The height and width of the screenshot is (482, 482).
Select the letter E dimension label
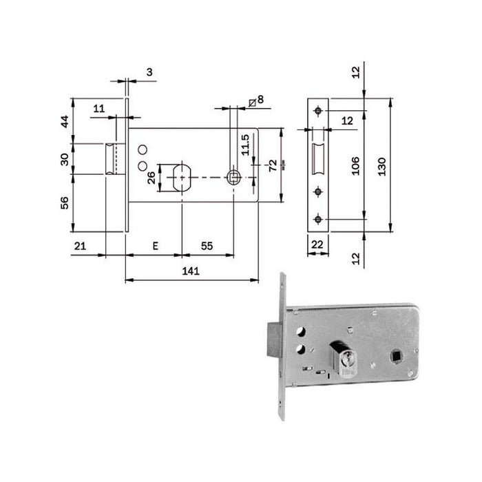(x=155, y=245)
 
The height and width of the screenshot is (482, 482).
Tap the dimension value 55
(x=207, y=245)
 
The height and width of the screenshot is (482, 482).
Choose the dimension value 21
(x=80, y=245)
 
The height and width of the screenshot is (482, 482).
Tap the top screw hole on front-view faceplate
(x=317, y=112)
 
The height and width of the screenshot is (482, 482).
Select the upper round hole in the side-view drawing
(x=143, y=149)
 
